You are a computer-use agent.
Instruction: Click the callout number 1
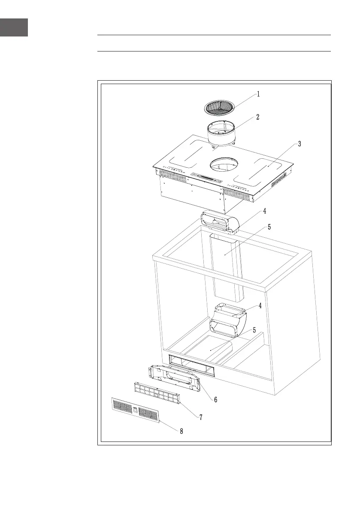258,94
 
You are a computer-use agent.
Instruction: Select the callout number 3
299,145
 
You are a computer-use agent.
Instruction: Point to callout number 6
215,399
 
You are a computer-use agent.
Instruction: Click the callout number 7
200,417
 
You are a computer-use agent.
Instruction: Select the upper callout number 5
269,227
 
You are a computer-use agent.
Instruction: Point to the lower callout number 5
254,330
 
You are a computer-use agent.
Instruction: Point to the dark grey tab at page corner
14,27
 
